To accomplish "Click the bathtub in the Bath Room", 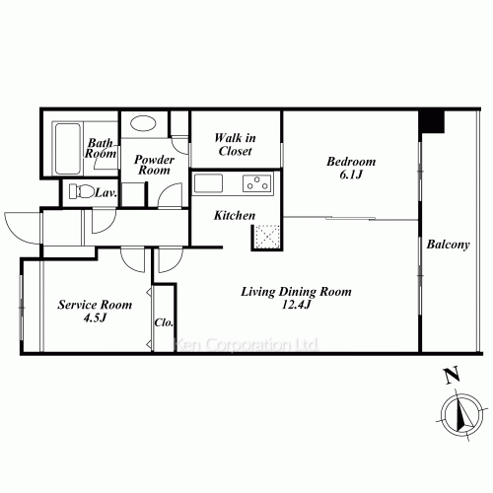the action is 67,149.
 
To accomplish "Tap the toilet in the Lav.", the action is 81,191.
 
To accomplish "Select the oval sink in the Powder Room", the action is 143,123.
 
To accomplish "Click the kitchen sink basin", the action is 208,183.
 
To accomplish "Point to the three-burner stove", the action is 257,183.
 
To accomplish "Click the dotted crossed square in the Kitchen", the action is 267,236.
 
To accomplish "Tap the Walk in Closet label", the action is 235,144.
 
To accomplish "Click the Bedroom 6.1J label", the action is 351,168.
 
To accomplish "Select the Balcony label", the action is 448,245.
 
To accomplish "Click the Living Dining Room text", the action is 296,292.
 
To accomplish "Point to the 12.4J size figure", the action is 296,305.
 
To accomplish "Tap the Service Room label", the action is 95,305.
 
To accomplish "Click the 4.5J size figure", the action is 95,317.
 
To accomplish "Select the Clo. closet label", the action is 164,322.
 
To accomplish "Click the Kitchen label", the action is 235,216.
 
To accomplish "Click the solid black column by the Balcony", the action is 431,121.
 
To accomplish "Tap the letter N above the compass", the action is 452,376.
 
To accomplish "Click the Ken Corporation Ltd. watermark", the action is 246,345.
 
